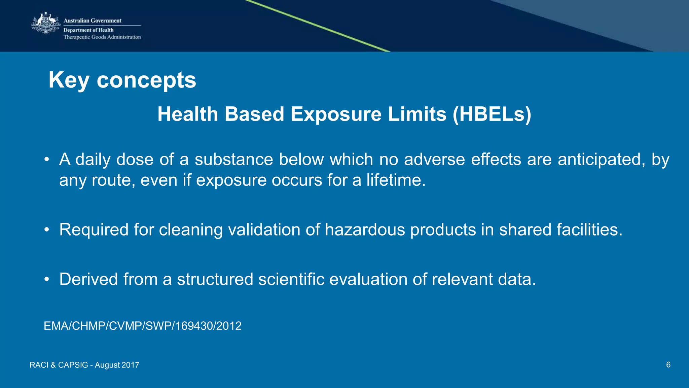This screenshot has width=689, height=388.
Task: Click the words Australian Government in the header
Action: pos(92,21)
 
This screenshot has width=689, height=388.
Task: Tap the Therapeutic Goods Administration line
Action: pos(102,37)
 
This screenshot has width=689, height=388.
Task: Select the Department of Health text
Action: pos(88,30)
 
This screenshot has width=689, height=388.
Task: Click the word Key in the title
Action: pos(69,80)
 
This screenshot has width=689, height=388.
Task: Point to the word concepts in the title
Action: pos(146,80)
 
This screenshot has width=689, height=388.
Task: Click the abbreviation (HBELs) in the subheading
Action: pos(492,114)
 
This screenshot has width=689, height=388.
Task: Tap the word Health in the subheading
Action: pos(188,114)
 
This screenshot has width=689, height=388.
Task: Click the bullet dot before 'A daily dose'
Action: pos(47,160)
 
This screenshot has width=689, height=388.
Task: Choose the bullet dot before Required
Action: pos(47,230)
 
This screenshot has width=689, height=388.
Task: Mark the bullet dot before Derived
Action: pos(47,279)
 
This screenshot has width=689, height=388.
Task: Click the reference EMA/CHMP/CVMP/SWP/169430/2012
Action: pos(143,326)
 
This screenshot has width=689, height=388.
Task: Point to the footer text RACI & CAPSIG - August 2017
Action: pos(84,365)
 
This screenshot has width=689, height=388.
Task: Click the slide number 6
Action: pos(668,364)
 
